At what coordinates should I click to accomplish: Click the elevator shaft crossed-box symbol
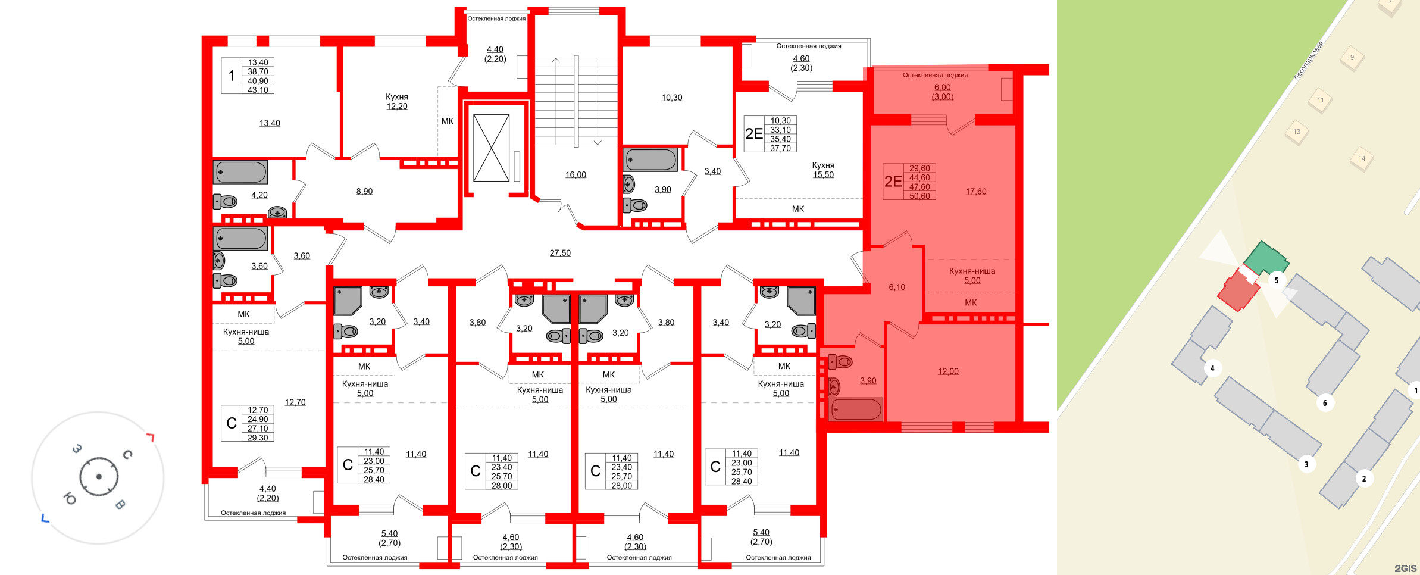(x=491, y=148)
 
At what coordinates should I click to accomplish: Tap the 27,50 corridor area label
(x=560, y=253)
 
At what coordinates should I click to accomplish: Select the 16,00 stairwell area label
(x=575, y=175)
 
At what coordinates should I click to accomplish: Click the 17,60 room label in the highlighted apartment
(x=976, y=192)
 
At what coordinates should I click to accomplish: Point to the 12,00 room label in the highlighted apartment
(x=948, y=371)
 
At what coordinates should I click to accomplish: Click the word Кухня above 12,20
(x=396, y=97)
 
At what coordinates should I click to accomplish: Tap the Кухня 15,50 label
(x=823, y=170)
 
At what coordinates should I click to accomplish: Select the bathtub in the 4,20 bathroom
(x=241, y=172)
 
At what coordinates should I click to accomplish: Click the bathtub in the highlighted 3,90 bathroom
(x=856, y=410)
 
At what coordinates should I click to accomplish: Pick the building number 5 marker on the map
(x=1276, y=280)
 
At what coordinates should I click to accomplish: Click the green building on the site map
(x=1265, y=258)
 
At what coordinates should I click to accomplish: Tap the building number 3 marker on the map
(x=1306, y=464)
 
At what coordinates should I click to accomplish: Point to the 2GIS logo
(x=1405, y=568)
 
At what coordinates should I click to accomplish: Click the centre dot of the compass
(x=99, y=477)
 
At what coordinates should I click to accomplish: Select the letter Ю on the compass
(x=70, y=499)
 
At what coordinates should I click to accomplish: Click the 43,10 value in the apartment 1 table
(x=258, y=90)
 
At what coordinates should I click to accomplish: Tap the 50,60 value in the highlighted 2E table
(x=919, y=196)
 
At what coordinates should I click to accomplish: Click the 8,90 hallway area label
(x=364, y=192)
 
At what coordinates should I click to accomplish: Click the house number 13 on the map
(x=1297, y=132)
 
